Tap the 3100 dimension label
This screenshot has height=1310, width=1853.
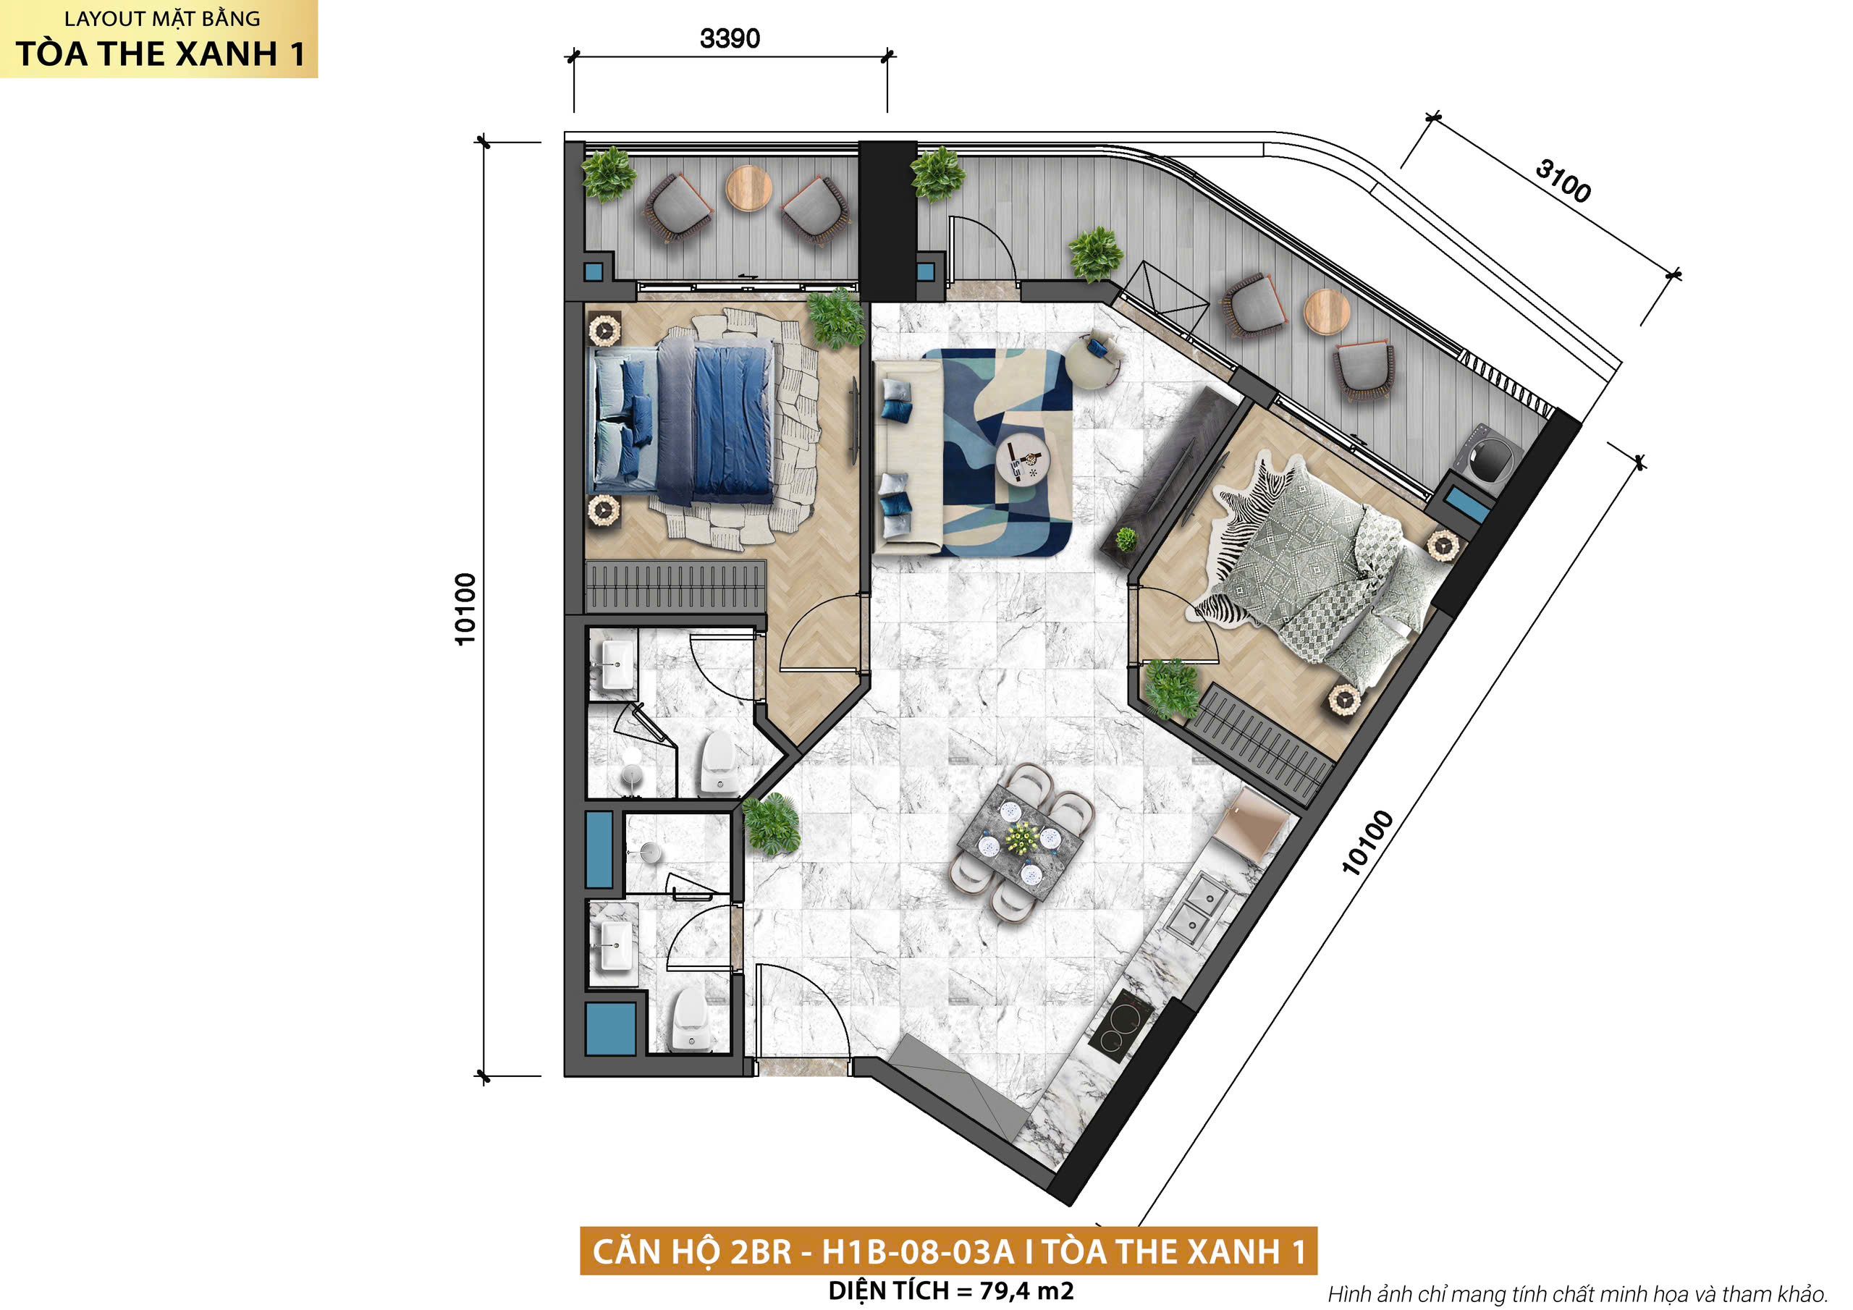[1563, 181]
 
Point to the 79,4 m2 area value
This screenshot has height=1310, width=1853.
[1026, 1290]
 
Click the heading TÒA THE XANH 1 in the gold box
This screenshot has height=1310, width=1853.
[160, 54]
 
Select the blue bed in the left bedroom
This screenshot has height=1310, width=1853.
[685, 419]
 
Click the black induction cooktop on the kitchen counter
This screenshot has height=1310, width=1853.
[1122, 1023]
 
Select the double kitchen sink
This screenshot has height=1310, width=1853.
[1195, 908]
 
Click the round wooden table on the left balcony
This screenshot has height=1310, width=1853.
[748, 188]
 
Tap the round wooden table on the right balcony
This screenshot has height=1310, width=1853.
[1327, 311]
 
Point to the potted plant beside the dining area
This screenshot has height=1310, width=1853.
[770, 824]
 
